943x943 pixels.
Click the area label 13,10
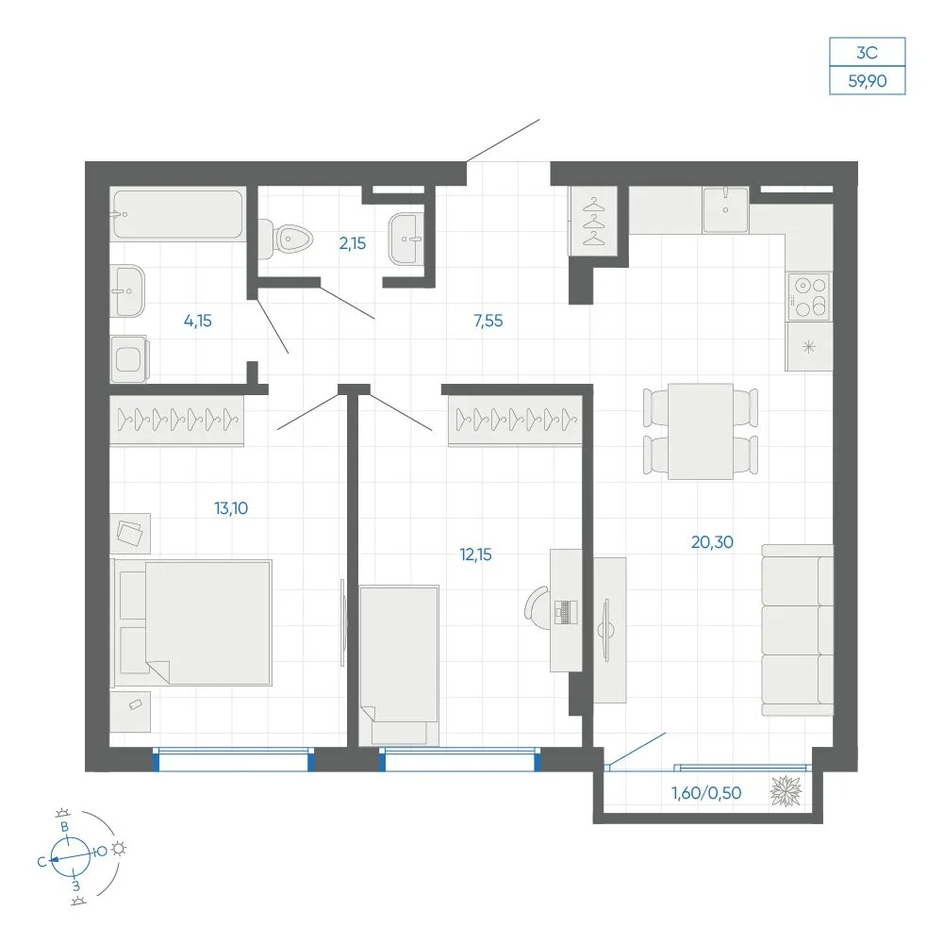click(x=231, y=508)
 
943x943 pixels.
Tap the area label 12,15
click(x=475, y=554)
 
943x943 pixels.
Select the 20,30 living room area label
click(x=712, y=542)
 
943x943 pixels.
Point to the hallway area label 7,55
click(x=488, y=322)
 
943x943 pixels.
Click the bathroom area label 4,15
click(x=198, y=322)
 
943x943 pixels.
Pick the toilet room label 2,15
click(x=353, y=243)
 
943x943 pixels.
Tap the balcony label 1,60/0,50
click(x=706, y=793)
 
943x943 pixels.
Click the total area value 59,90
click(x=868, y=80)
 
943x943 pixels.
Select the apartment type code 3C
click(x=868, y=53)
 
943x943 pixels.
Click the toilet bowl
click(x=287, y=239)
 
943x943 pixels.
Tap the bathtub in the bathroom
click(x=178, y=215)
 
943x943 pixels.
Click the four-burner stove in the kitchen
click(x=809, y=297)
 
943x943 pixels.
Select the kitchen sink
click(x=726, y=209)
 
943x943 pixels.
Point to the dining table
click(x=701, y=431)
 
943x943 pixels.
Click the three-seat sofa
click(x=798, y=630)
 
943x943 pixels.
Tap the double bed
click(x=191, y=622)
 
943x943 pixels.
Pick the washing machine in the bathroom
click(x=129, y=359)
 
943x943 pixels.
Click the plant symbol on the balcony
click(x=786, y=791)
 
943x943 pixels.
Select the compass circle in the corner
click(x=71, y=856)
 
